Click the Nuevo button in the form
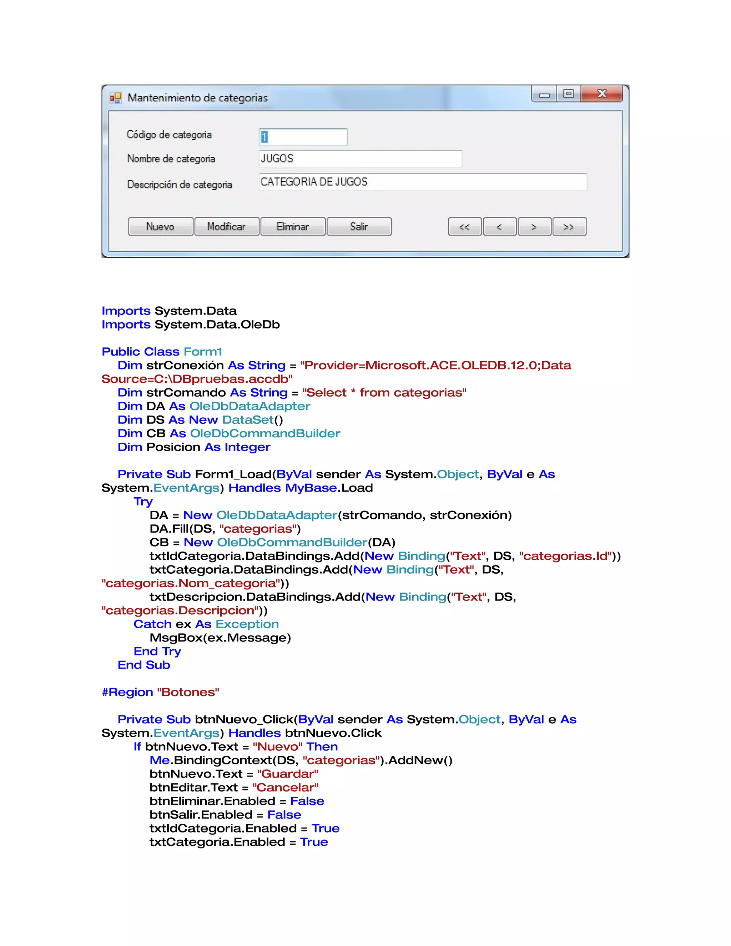coord(160,227)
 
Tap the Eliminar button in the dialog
coord(293,227)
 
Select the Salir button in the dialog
coord(359,227)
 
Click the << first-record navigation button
coord(464,227)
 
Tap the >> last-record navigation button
coord(569,227)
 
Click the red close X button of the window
coord(601,94)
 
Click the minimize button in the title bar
coord(544,95)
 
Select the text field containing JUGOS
coord(360,158)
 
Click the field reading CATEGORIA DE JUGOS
coord(422,182)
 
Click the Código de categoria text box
coord(303,137)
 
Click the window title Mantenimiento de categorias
coord(197,98)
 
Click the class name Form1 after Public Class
coord(203,351)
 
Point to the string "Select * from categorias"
coord(384,392)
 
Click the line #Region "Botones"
coord(160,692)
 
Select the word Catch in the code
coord(152,624)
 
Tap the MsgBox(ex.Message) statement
coord(220,638)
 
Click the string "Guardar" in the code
coord(288,774)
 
